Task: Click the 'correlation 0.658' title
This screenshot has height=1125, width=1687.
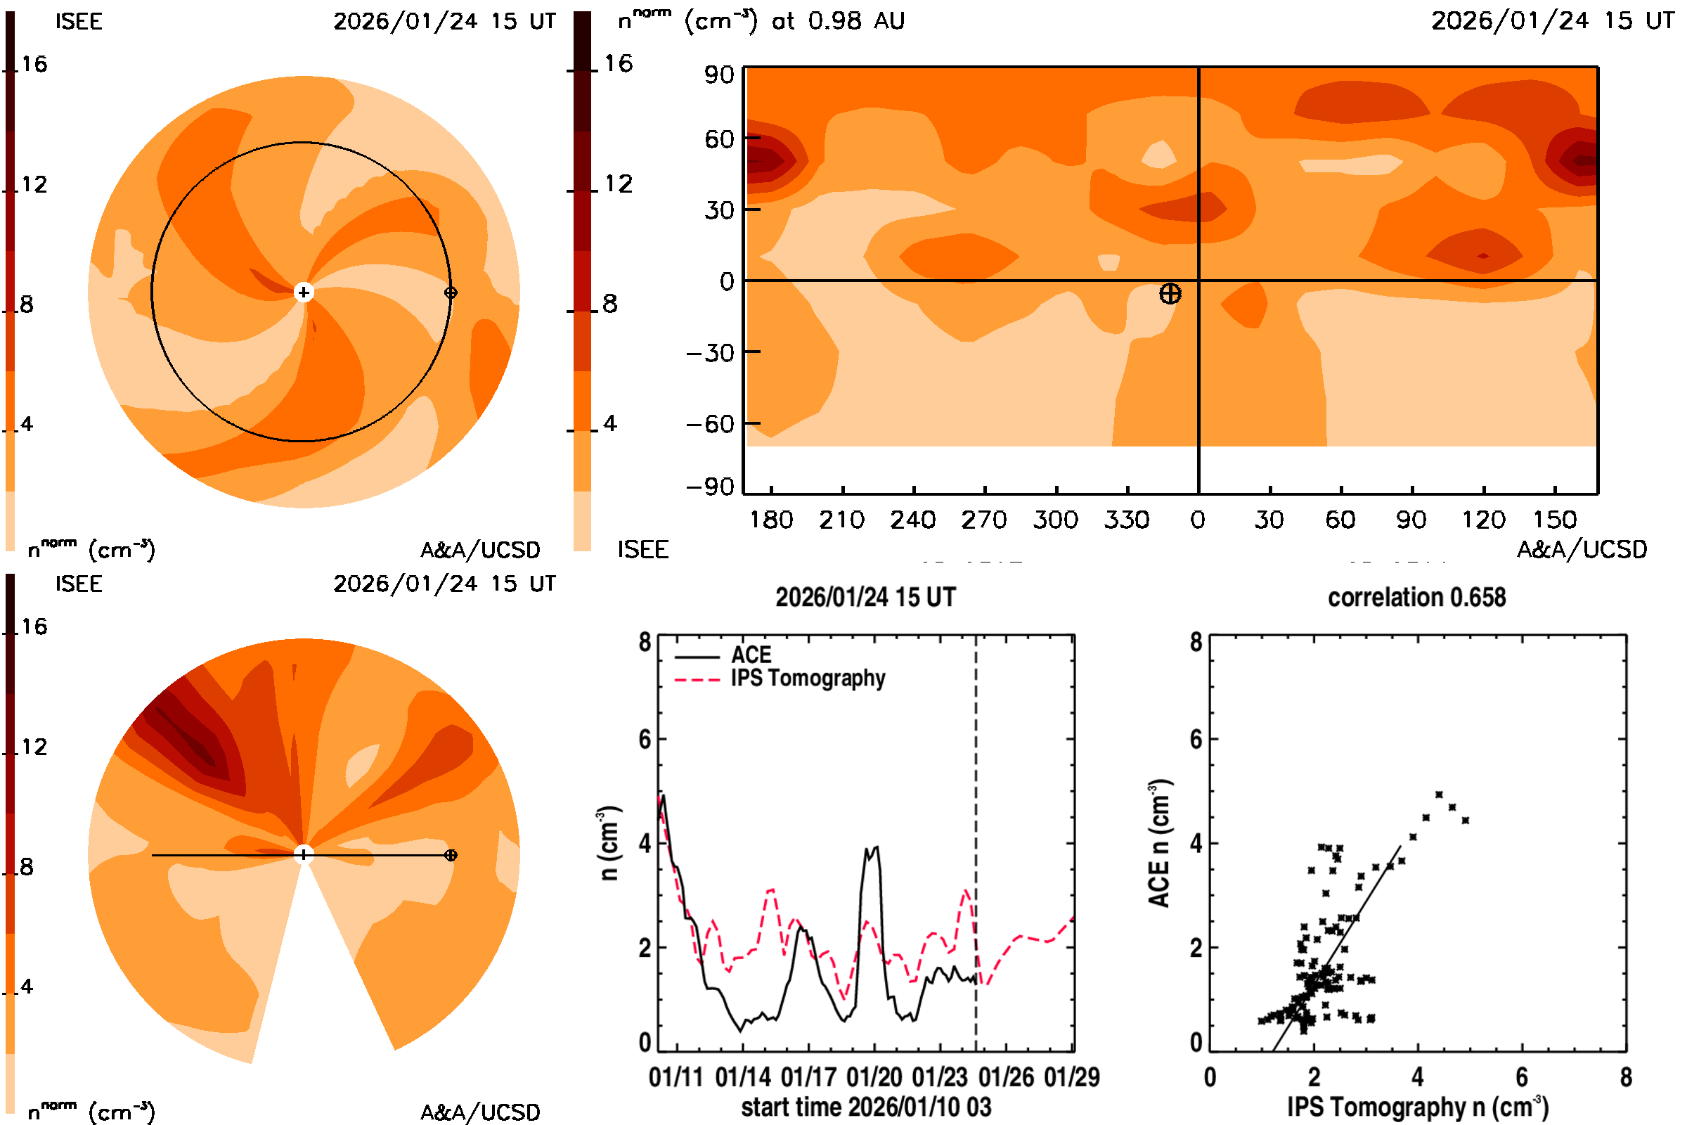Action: click(x=1416, y=598)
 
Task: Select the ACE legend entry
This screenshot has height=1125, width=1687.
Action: click(x=750, y=655)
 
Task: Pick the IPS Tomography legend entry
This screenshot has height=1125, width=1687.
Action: click(x=807, y=678)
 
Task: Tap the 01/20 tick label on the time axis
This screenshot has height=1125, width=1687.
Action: click(x=874, y=1077)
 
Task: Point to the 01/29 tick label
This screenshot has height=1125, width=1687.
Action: click(x=1071, y=1077)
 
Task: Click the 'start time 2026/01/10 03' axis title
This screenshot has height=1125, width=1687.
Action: click(x=866, y=1107)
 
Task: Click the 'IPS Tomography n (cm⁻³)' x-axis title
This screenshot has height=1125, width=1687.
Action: click(x=1417, y=1107)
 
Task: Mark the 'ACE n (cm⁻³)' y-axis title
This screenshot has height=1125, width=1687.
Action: click(x=1159, y=843)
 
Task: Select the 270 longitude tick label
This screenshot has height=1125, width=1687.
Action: click(x=984, y=520)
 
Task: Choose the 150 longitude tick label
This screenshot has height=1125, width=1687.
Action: click(x=1554, y=520)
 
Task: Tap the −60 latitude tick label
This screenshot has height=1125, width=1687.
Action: click(x=710, y=424)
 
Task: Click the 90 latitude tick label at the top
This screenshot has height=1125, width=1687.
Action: click(x=718, y=75)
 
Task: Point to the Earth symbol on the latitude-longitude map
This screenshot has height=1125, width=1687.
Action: click(x=1170, y=293)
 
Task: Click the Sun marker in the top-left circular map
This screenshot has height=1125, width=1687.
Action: click(x=304, y=292)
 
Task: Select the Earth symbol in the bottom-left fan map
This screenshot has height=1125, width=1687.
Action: click(x=451, y=855)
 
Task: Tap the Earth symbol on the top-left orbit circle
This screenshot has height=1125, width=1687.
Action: click(x=451, y=292)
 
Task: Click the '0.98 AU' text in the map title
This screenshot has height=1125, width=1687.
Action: click(x=855, y=21)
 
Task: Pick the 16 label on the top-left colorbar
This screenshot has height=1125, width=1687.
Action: click(x=34, y=64)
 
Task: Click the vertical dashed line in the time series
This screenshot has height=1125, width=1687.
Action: click(x=976, y=825)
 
